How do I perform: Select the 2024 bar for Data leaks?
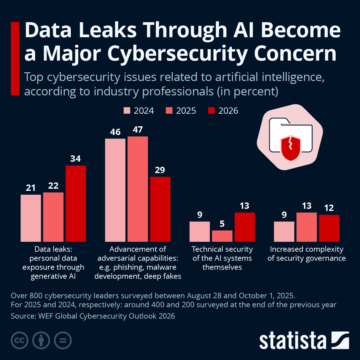[31, 218]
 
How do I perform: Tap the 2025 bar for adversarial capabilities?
[138, 189]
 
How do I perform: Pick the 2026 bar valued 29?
[160, 209]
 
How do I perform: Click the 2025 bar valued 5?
[222, 236]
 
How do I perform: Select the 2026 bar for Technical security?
[244, 227]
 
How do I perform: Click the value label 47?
[138, 130]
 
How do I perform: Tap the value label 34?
[76, 159]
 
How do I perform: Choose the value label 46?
[115, 132]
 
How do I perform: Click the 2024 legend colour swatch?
[127, 111]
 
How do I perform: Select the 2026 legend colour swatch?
[211, 111]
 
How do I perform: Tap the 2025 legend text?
[186, 111]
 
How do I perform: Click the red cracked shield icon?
[290, 147]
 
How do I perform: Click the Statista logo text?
[292, 340]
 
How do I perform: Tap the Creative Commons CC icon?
[20, 340]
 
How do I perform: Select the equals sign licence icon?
[63, 340]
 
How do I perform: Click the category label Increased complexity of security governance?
[307, 254]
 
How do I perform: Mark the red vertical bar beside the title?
[15, 58]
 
